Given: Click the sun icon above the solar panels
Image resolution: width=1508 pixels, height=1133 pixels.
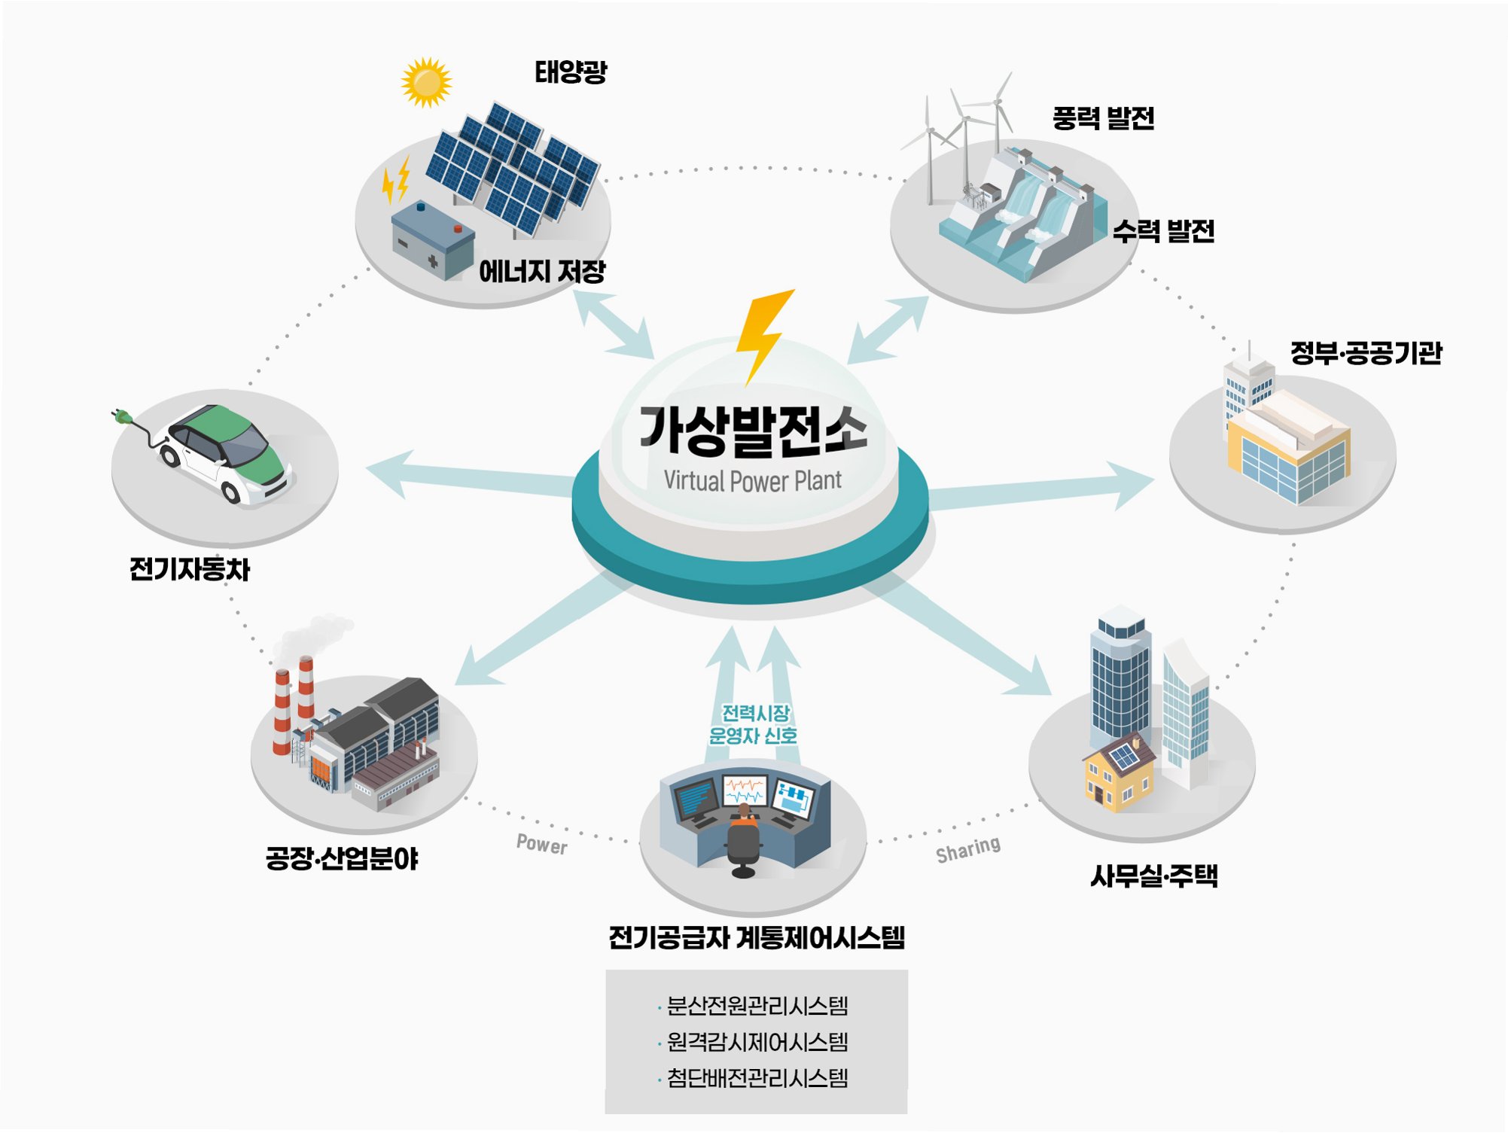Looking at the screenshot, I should coord(426,83).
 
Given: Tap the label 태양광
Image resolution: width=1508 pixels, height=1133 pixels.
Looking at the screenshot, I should coord(571,72).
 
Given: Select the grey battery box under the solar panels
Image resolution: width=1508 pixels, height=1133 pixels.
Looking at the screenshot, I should coord(431,239).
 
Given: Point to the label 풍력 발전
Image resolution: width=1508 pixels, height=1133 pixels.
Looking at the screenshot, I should coord(1103,118).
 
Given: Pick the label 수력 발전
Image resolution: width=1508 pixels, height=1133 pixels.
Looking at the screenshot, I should coord(1164,231).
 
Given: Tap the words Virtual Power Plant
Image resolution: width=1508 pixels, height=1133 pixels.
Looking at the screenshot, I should coord(752,480).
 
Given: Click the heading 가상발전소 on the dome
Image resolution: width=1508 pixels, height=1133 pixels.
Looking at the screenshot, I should coord(753,431).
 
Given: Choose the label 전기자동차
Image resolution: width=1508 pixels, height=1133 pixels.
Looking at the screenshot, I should coord(189,569).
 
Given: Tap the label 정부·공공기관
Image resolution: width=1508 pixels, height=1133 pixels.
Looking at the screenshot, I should coord(1366,353).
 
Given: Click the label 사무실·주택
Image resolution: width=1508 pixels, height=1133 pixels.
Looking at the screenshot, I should coord(1154,876).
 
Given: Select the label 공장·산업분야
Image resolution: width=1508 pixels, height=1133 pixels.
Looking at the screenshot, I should coord(341,858).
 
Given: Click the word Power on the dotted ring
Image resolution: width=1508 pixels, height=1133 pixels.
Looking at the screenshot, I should coord(541,844).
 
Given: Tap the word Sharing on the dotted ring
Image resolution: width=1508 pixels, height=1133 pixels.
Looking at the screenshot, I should coord(968,849).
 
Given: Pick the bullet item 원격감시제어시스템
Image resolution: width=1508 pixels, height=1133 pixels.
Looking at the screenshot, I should coord(757,1042).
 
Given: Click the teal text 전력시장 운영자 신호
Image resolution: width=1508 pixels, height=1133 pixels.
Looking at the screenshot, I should coord(754,724).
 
